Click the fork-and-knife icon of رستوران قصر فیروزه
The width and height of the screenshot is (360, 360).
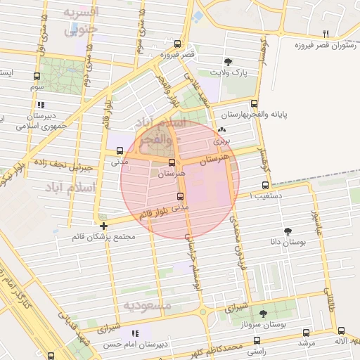click(x=325, y=34)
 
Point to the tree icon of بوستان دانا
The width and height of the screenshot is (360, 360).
click(x=288, y=231)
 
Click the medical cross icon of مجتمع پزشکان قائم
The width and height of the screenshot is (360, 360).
click(x=104, y=226)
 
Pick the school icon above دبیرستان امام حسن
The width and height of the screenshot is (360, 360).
click(x=134, y=333)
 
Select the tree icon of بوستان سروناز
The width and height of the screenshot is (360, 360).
click(x=263, y=314)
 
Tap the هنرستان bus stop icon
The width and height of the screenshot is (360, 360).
click(x=172, y=162)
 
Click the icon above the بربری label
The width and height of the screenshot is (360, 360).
click(x=222, y=129)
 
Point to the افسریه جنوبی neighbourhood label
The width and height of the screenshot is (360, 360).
click(x=81, y=21)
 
